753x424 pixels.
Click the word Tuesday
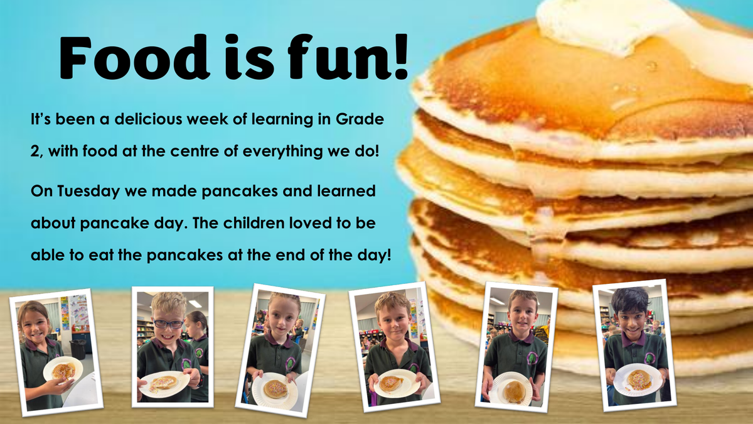coord(88,192)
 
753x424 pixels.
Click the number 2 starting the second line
coord(36,152)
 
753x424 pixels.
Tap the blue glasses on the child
coord(169,324)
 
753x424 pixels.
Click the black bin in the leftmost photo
coord(78,349)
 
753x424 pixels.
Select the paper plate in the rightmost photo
coord(638,379)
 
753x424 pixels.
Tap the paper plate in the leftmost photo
coord(63,370)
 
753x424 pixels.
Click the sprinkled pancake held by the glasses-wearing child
coord(164,383)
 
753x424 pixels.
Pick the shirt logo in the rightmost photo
coord(649,358)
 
